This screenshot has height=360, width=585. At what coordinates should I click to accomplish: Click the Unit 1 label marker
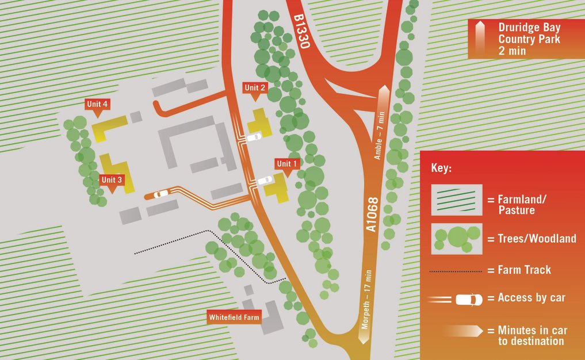(288, 164)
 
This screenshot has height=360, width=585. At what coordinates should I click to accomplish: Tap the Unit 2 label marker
(255, 88)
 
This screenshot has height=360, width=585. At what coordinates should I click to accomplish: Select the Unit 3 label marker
(112, 179)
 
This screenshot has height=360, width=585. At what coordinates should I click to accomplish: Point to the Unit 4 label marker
(98, 104)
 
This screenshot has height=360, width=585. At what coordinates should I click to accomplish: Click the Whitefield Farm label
(234, 317)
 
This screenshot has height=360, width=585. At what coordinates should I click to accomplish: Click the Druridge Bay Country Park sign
(521, 39)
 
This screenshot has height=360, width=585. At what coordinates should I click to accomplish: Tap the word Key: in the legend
(441, 170)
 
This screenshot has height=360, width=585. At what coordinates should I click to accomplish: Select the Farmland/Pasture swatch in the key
(457, 200)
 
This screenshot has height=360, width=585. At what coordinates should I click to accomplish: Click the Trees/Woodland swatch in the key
(457, 238)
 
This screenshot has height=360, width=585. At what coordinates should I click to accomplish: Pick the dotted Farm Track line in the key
(456, 270)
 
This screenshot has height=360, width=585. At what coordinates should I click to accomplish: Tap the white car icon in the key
(469, 300)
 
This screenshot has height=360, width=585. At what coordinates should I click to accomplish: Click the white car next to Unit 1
(265, 181)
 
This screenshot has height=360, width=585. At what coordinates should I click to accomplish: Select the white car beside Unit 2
(254, 137)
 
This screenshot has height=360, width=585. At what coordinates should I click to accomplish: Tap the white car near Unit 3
(161, 194)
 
